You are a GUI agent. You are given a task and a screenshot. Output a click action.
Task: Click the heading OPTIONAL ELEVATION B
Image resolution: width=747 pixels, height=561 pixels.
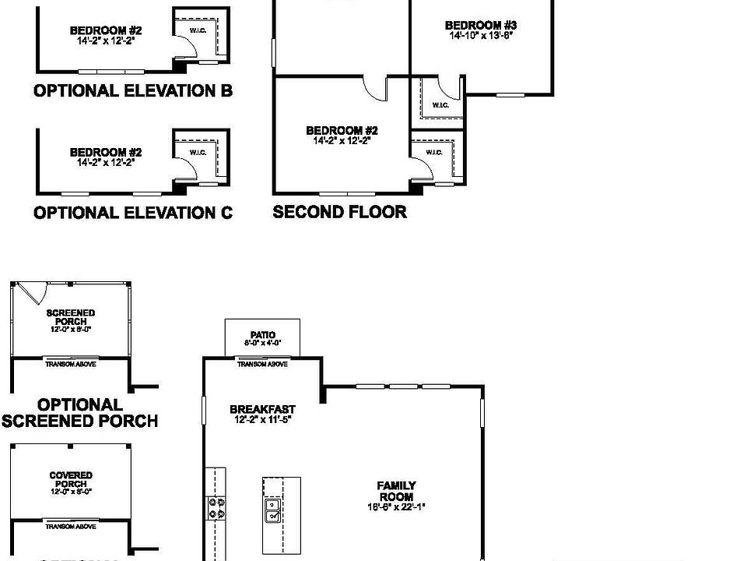pyautogui.click(x=133, y=90)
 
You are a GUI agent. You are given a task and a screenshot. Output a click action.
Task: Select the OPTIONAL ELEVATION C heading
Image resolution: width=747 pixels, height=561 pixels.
pyautogui.click(x=133, y=212)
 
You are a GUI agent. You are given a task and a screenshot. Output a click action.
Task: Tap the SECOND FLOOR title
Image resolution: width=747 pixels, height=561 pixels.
pyautogui.click(x=339, y=211)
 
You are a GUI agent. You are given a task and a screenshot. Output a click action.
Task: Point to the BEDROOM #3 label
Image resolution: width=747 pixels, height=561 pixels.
pyautogui.click(x=481, y=25)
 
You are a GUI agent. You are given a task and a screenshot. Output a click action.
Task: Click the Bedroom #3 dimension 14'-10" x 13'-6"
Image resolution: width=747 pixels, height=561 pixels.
pyautogui.click(x=482, y=35)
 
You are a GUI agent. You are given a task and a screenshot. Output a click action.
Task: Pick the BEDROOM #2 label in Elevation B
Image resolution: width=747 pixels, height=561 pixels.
pyautogui.click(x=106, y=30)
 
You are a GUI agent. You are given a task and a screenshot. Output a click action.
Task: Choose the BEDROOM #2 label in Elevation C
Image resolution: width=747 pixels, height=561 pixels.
pyautogui.click(x=106, y=153)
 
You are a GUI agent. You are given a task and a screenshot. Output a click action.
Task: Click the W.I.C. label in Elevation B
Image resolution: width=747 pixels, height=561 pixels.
pyautogui.click(x=198, y=30)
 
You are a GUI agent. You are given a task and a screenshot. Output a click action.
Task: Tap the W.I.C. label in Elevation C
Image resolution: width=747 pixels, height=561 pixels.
pyautogui.click(x=198, y=152)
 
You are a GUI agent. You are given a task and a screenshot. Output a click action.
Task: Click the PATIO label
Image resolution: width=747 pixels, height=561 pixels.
pyautogui.click(x=262, y=335)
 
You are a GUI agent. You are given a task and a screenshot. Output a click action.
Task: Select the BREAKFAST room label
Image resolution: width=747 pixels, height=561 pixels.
pyautogui.click(x=262, y=409)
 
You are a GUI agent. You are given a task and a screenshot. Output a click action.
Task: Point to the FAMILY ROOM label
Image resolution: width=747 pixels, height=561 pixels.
pyautogui.click(x=396, y=491)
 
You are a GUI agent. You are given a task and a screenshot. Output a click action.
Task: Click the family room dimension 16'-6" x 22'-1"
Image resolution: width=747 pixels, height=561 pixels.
pyautogui.click(x=396, y=506)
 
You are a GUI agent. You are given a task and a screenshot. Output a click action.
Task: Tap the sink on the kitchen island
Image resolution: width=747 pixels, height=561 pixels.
pyautogui.click(x=273, y=510)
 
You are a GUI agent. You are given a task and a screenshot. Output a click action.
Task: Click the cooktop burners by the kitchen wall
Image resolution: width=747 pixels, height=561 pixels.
pyautogui.click(x=216, y=508)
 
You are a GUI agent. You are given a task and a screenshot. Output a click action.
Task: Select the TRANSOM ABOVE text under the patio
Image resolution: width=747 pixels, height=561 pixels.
pyautogui.click(x=262, y=364)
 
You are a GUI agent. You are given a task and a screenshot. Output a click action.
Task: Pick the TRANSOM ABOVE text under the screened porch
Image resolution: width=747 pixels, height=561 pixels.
pyautogui.click(x=71, y=364)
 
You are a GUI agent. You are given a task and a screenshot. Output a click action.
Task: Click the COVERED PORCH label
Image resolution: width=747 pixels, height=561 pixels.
pyautogui.click(x=71, y=479)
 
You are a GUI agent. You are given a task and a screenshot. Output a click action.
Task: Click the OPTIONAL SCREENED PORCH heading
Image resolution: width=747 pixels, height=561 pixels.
pyautogui.click(x=79, y=413)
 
